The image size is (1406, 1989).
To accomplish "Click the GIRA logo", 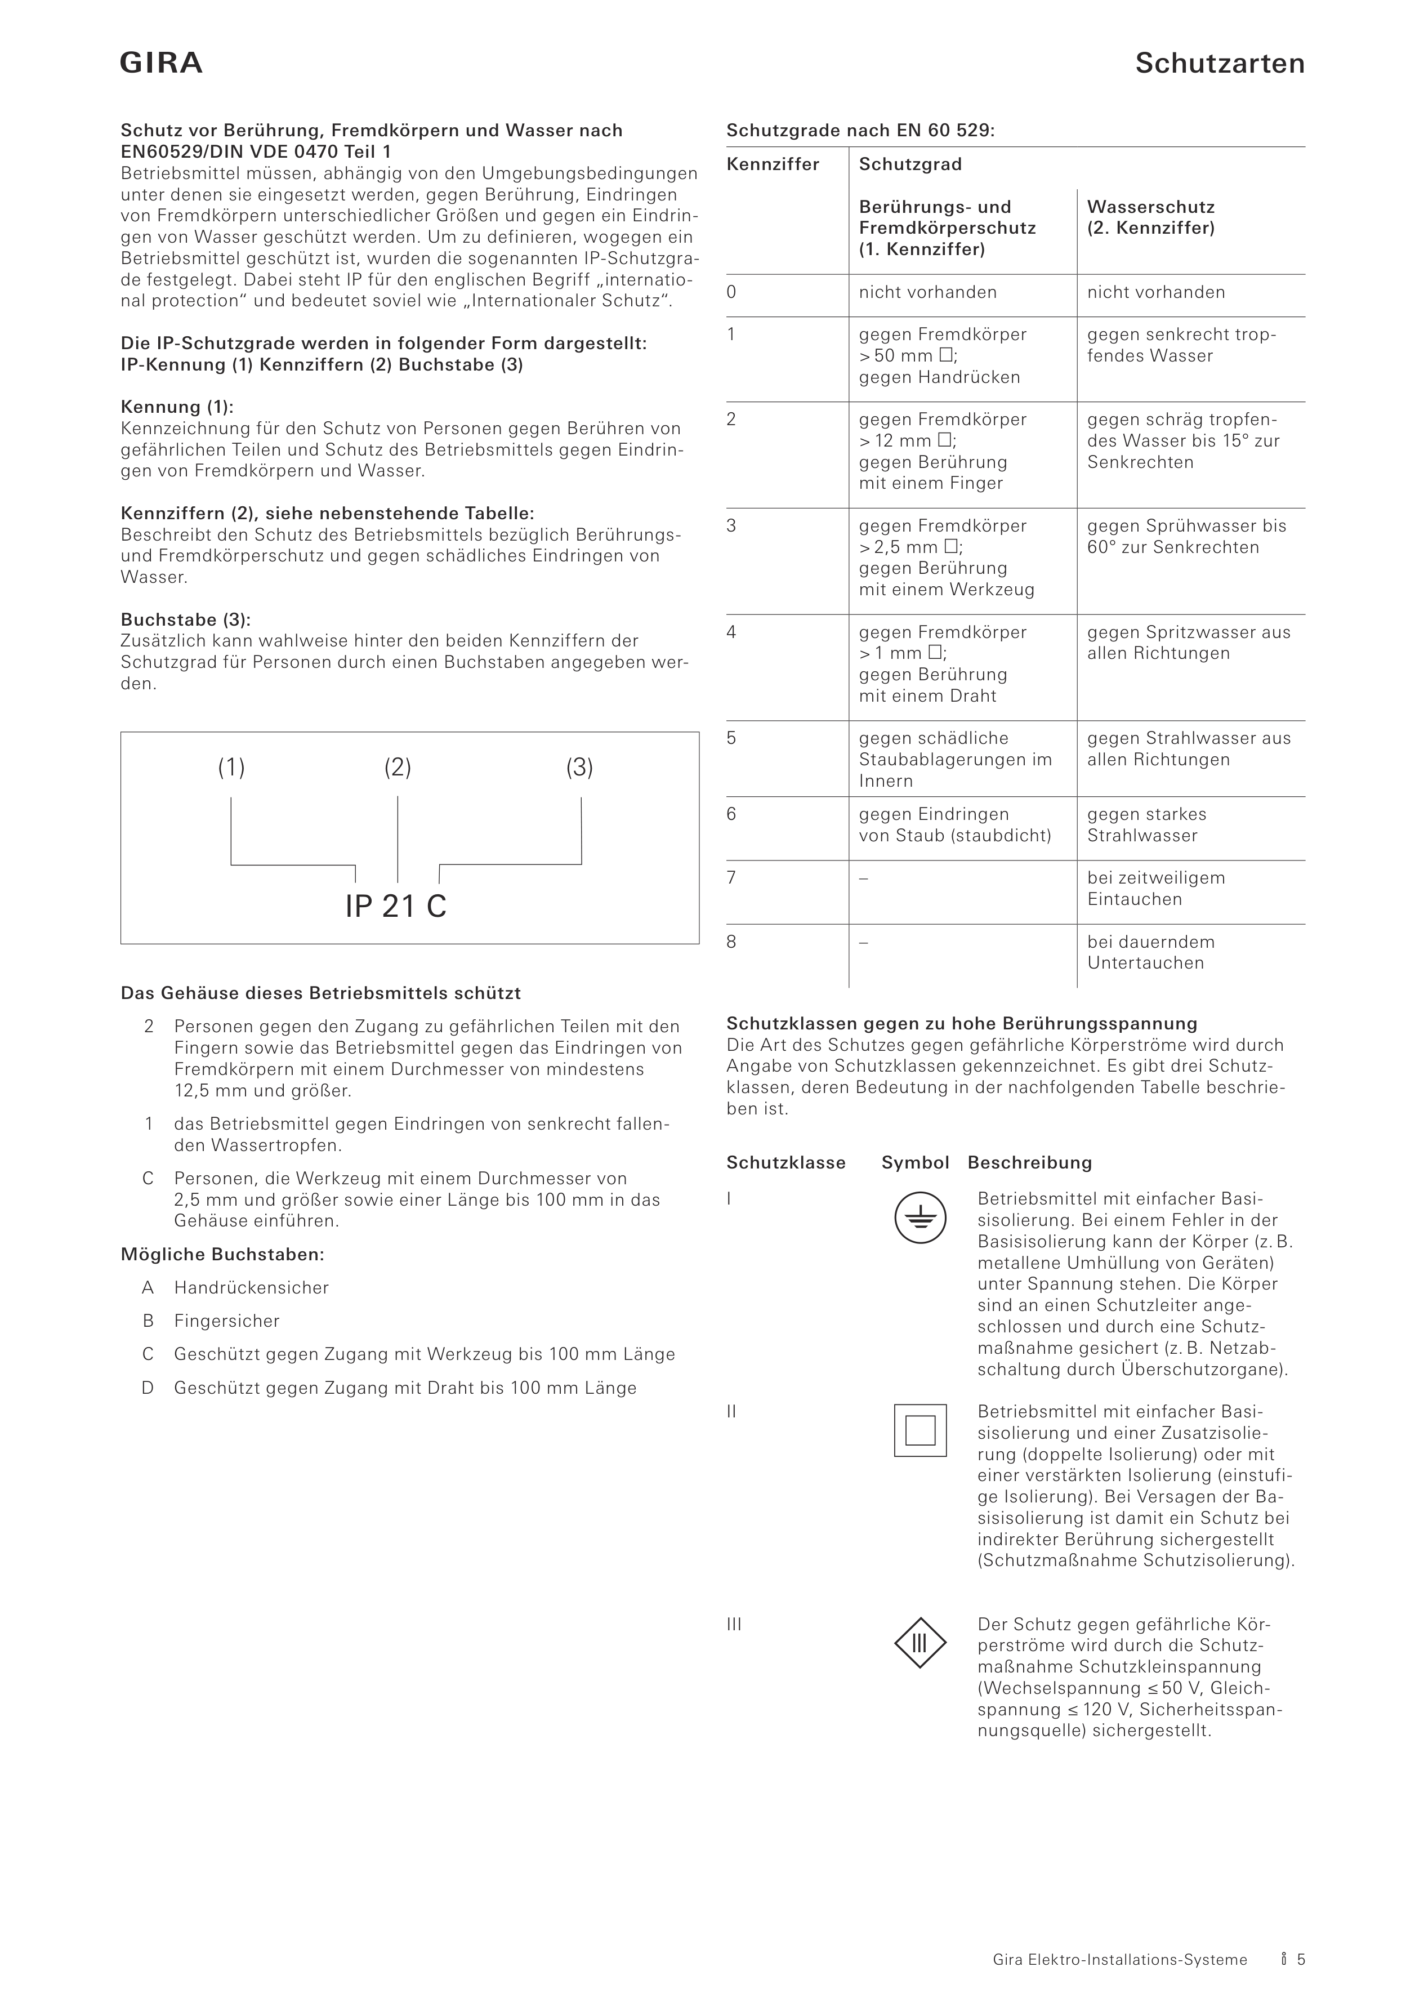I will coord(161,63).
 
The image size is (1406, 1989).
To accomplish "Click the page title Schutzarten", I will coord(1219,63).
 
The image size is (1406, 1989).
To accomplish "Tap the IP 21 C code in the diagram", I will coord(396,906).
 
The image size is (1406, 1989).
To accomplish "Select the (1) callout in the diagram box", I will coord(231,768).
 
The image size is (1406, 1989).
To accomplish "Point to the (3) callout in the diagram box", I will coord(579,768).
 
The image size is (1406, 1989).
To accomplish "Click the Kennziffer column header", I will coord(773,164).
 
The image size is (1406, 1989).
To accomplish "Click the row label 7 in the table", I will coord(732,877).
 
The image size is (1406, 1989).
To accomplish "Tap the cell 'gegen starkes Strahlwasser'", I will coord(1146,824).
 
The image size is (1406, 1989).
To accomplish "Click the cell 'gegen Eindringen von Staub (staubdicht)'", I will coord(954,824).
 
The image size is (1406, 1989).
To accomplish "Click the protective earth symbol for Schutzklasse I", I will coord(920,1218).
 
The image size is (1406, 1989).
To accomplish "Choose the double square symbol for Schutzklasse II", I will coord(920,1430).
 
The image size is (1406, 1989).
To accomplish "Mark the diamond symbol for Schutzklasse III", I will coord(920,1643).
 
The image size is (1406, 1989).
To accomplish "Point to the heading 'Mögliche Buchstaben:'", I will coord(222,1254).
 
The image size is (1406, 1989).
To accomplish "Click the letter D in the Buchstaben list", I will coord(148,1388).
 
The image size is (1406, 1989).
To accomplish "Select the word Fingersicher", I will coord(227,1321).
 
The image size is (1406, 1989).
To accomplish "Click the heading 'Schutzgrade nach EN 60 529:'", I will coord(860,131).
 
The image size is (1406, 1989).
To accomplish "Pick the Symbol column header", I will coord(915,1162).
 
